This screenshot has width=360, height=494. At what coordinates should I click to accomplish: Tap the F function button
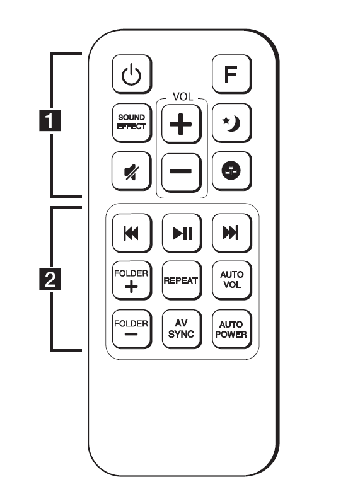point(232,74)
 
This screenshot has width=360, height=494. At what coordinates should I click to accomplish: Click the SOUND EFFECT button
point(132,123)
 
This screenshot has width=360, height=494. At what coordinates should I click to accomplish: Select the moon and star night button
point(232,123)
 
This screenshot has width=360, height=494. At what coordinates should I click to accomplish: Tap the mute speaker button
point(132,171)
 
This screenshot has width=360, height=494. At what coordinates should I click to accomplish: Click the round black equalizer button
point(232,171)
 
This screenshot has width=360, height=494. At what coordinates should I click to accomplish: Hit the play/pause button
point(182,233)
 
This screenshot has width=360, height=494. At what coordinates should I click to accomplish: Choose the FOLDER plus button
point(132,280)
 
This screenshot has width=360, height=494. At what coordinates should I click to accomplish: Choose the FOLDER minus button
point(132,329)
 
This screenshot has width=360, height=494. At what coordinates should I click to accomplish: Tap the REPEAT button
point(182,280)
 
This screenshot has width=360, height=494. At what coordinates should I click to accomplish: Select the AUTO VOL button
point(232,280)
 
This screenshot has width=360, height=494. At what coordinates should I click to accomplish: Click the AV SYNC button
point(182,329)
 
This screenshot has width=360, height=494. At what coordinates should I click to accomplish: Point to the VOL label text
point(183,97)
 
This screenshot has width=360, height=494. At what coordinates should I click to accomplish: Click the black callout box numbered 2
point(50,279)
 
